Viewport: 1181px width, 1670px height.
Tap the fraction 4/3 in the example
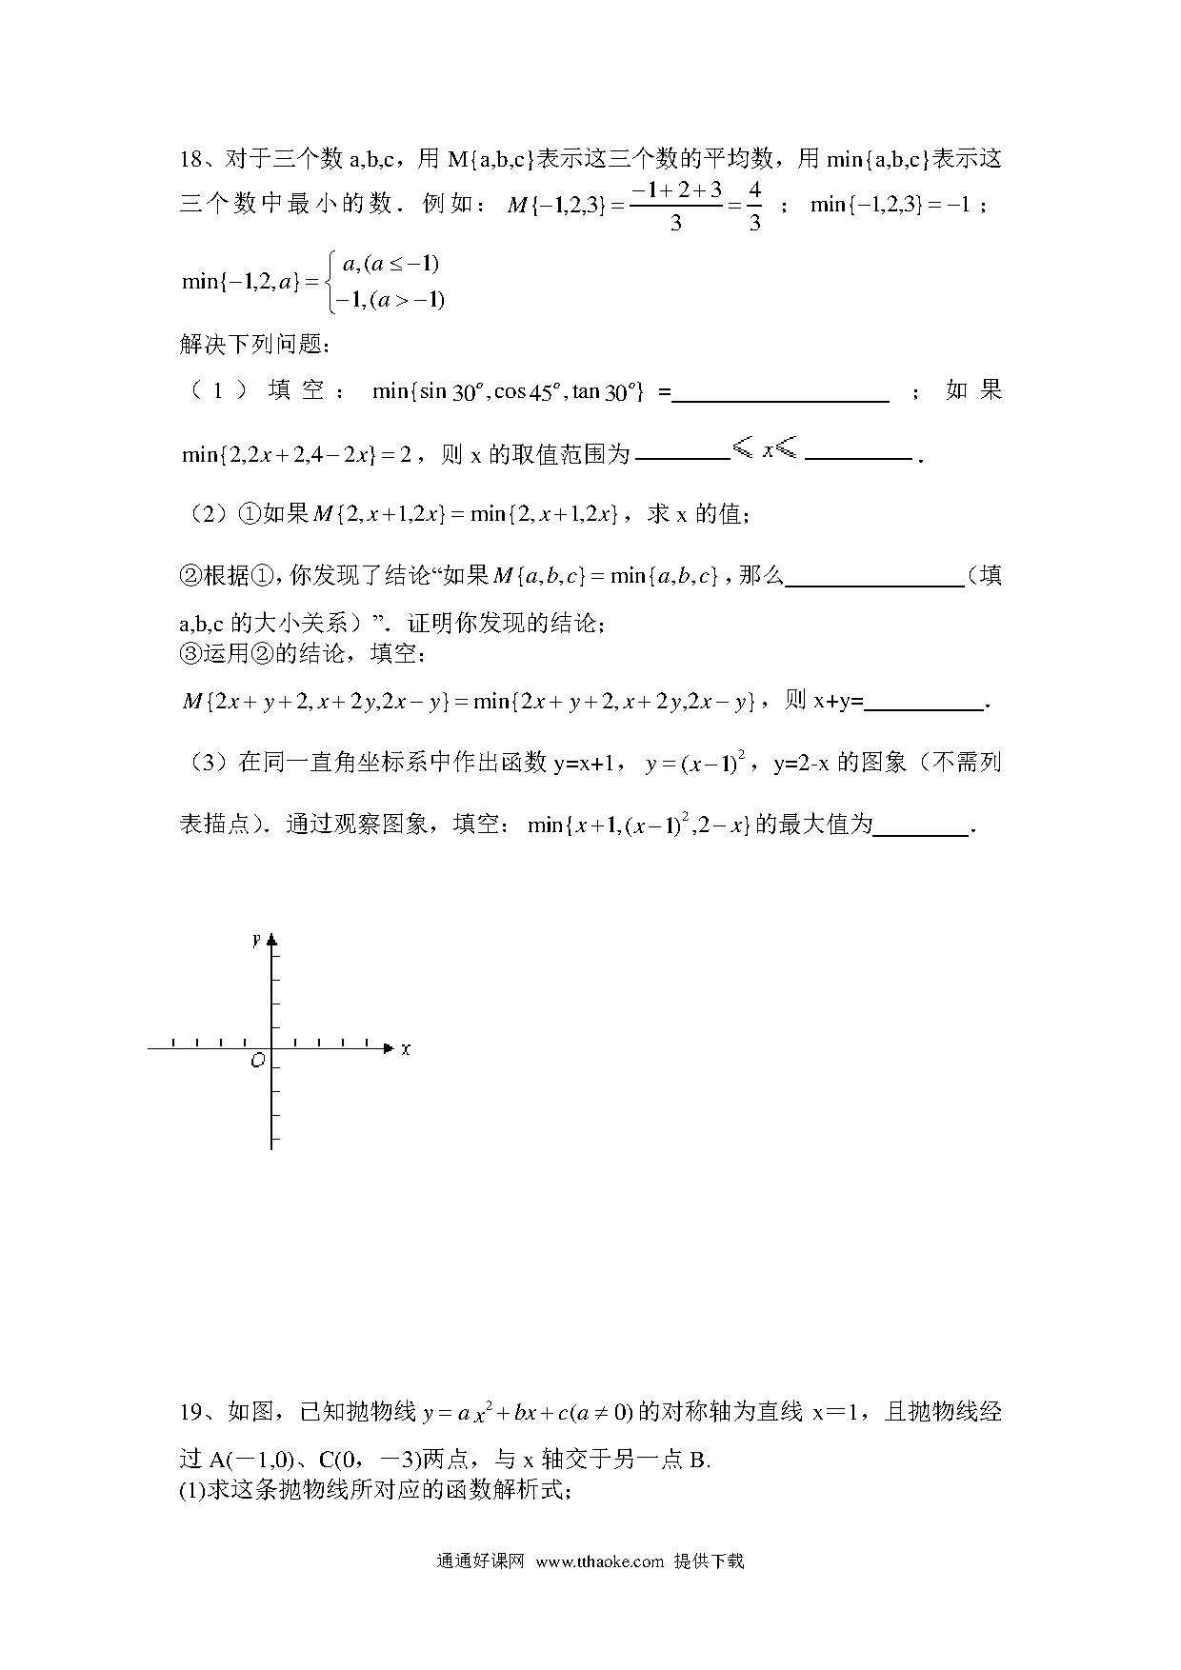coord(754,206)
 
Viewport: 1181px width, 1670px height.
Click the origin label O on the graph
coord(256,1061)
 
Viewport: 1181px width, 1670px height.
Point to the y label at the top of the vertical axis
coord(256,940)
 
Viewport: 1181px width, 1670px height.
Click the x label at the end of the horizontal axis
coord(406,1048)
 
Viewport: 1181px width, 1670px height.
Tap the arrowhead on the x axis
coord(388,1048)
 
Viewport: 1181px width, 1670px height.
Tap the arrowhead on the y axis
coord(272,941)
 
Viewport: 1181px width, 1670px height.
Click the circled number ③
coord(190,654)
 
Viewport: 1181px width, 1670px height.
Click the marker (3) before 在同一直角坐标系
coord(204,763)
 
